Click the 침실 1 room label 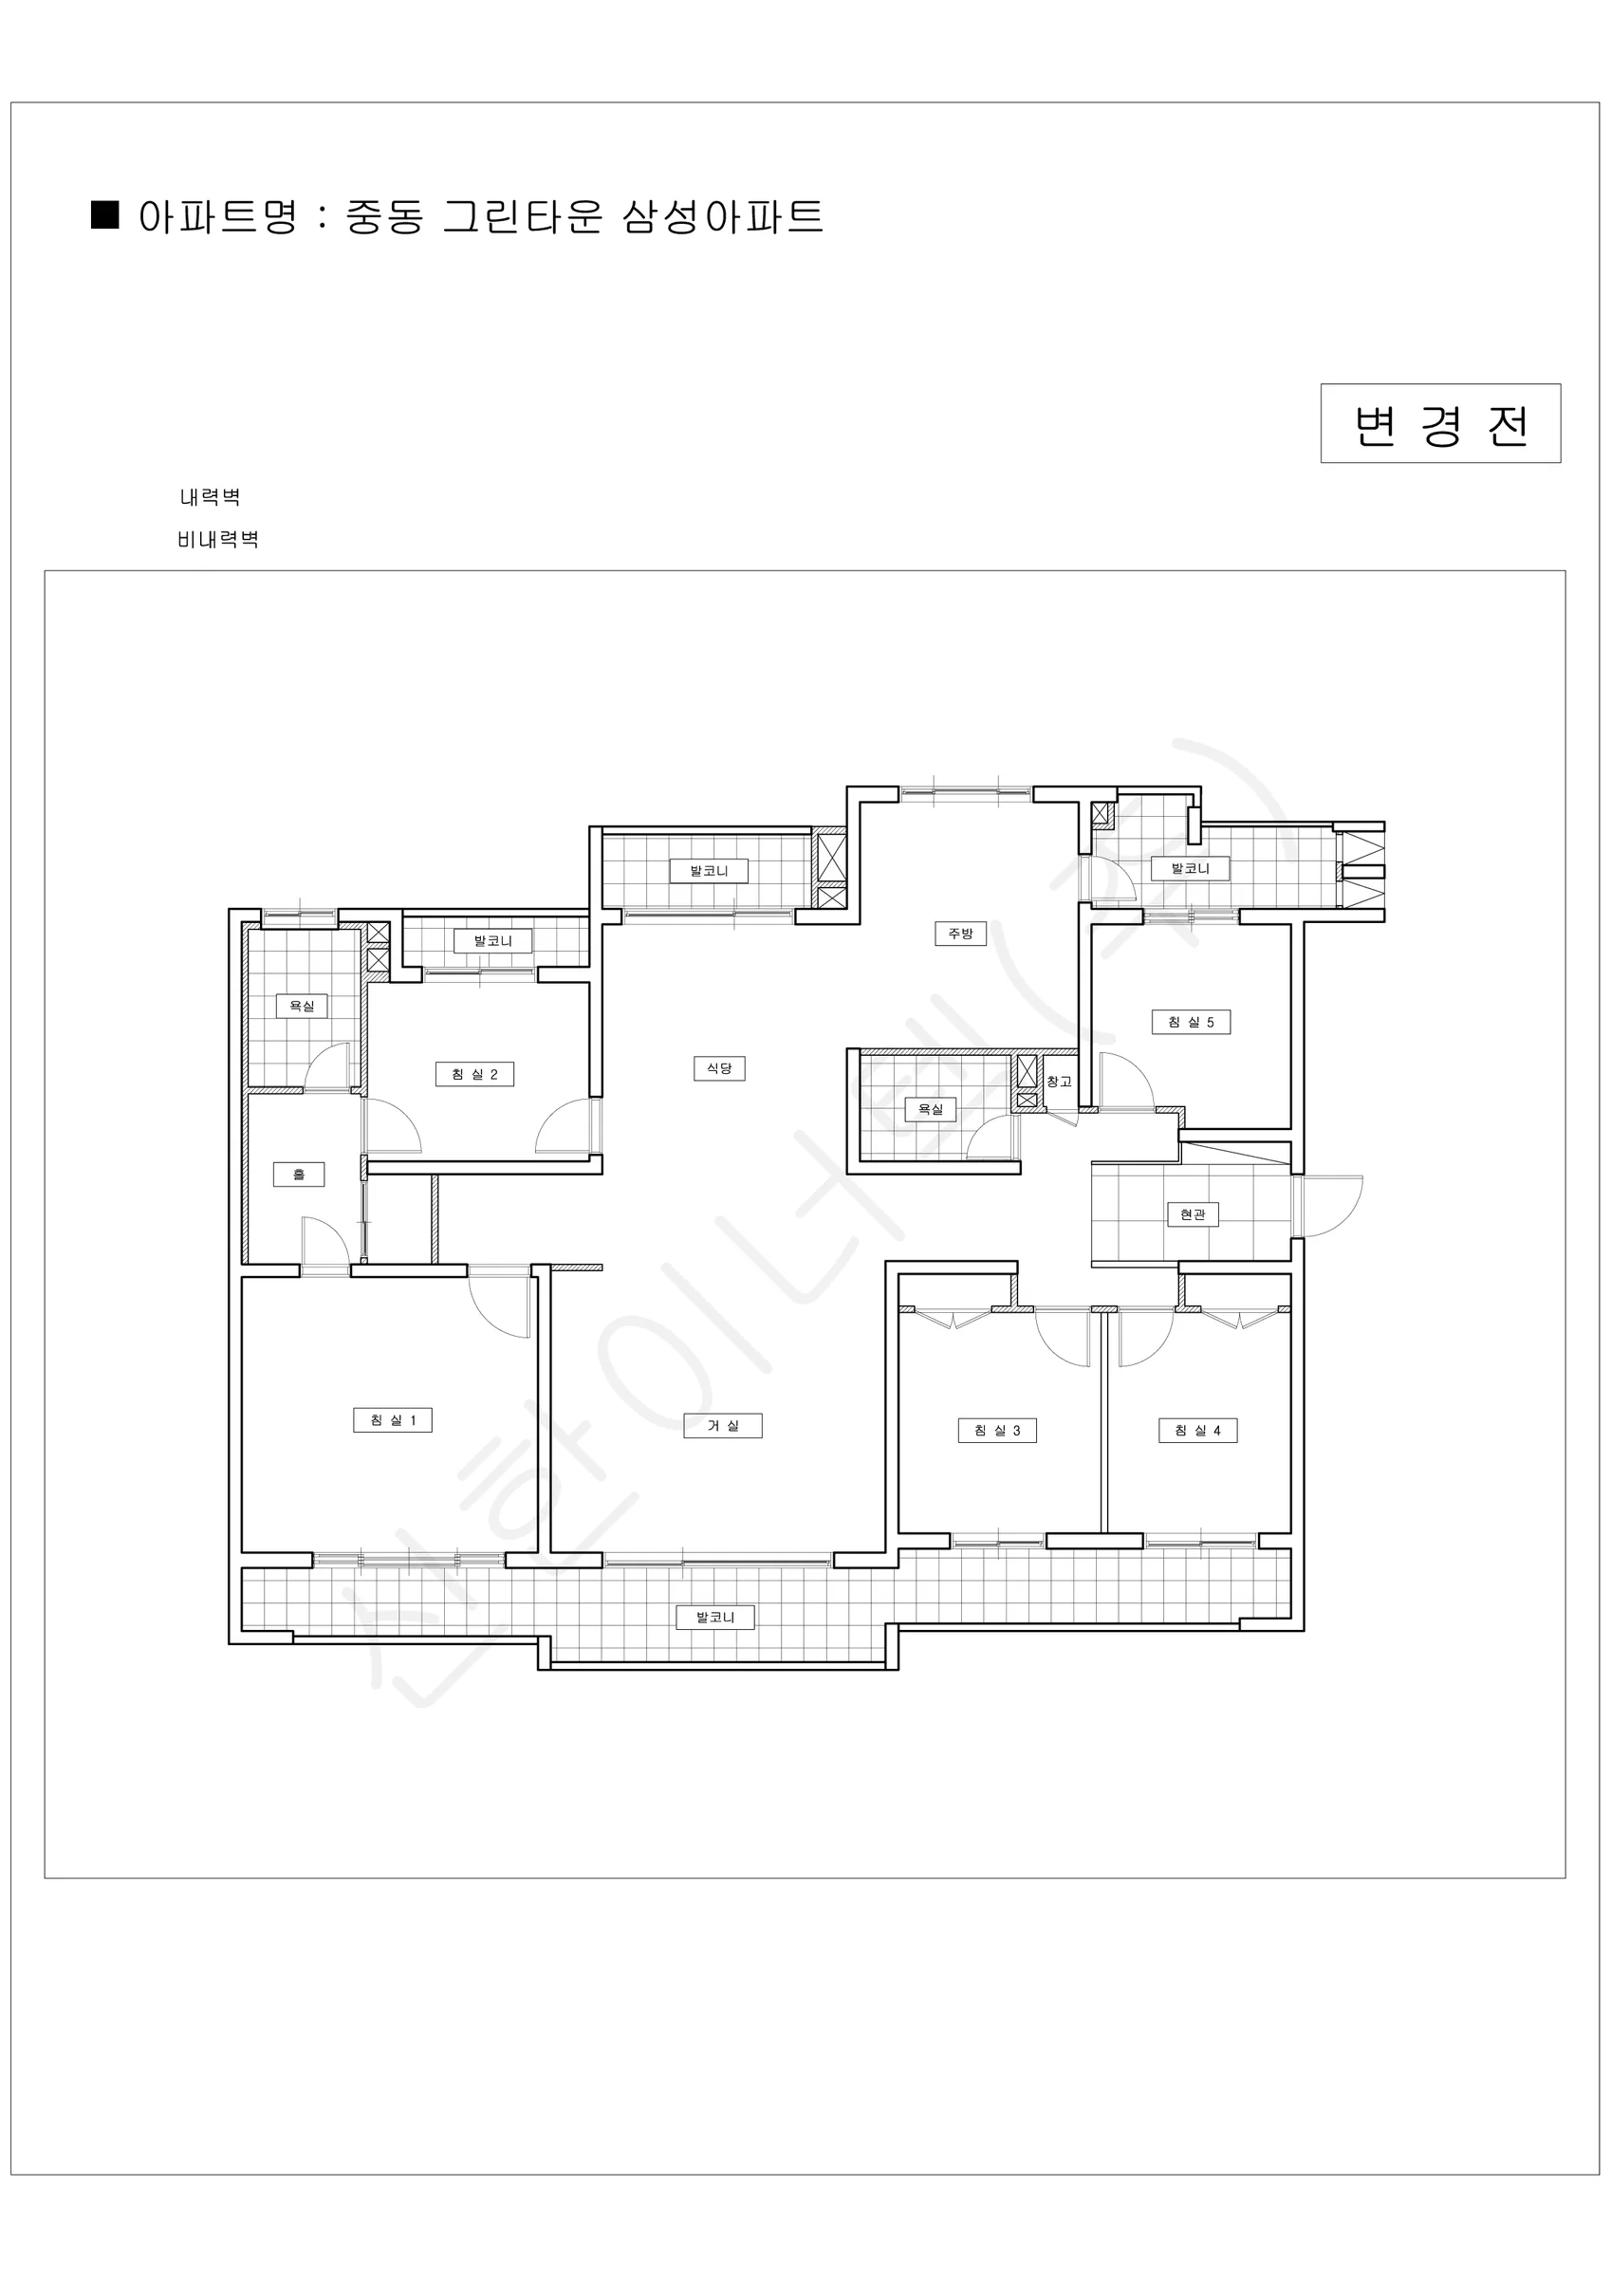393,1420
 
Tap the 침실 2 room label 475,1074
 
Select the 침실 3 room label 997,1430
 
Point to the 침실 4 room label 1198,1430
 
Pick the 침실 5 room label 1192,1022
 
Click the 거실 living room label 723,1426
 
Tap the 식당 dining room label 719,1068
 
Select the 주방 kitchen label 960,934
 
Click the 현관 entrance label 1193,1213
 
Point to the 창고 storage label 1060,1081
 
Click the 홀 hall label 299,1175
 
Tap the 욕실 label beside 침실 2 302,1006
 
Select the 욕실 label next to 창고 931,1109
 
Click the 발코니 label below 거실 715,1617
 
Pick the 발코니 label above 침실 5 1191,868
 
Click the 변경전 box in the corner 1440,423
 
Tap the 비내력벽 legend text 218,540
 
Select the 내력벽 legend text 211,497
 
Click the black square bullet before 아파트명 105,214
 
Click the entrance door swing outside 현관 1331,1207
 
